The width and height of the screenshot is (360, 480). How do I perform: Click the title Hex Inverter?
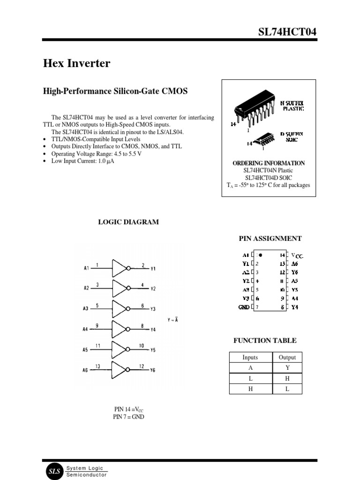tap(77, 63)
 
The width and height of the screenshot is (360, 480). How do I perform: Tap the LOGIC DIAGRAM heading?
tap(128, 222)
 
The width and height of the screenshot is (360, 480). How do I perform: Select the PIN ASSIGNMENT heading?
tap(270, 238)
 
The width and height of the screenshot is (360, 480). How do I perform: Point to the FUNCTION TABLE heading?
tap(265, 340)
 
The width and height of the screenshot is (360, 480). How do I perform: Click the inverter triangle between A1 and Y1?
tap(121, 269)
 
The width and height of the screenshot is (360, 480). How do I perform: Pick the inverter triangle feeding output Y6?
tap(121, 370)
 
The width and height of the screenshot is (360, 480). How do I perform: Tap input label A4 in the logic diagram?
tap(85, 330)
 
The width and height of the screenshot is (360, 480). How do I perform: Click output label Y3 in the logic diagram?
tap(153, 309)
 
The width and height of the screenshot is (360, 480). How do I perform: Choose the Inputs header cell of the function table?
tap(250, 357)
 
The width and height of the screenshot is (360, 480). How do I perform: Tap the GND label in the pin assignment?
tap(244, 307)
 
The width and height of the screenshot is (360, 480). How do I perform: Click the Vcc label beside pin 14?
tap(297, 255)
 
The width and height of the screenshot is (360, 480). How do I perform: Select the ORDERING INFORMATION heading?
tap(269, 163)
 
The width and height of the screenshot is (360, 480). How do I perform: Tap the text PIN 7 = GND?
tap(128, 417)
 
